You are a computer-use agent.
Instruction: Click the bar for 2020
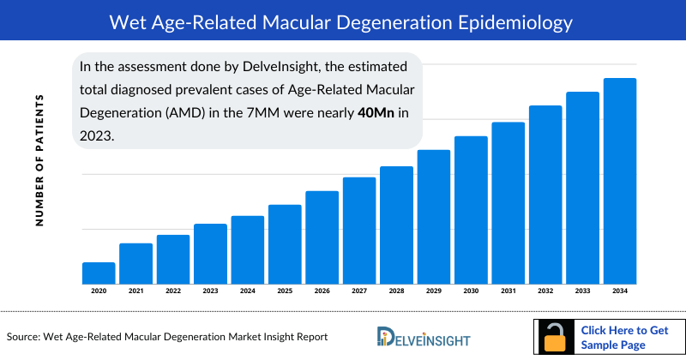pyautogui.click(x=99, y=273)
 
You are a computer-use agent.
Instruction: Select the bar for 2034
pyautogui.click(x=620, y=181)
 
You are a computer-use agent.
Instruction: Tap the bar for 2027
pyautogui.click(x=359, y=230)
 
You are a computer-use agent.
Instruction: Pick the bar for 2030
pyautogui.click(x=471, y=210)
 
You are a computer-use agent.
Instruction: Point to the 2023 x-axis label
pyautogui.click(x=210, y=291)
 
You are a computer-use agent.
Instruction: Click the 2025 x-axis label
pyautogui.click(x=285, y=291)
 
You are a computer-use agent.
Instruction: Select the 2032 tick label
pyautogui.click(x=545, y=291)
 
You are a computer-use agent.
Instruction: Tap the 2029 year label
pyautogui.click(x=434, y=291)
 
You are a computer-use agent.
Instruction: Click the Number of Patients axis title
pyautogui.click(x=39, y=161)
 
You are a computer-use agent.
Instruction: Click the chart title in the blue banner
pyautogui.click(x=342, y=20)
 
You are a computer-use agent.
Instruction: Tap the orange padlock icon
pyautogui.click(x=556, y=336)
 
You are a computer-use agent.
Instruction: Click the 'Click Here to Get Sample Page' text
pyautogui.click(x=623, y=336)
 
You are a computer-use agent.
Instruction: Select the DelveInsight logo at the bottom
pyautogui.click(x=425, y=337)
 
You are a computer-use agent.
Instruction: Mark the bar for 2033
pyautogui.click(x=582, y=188)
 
